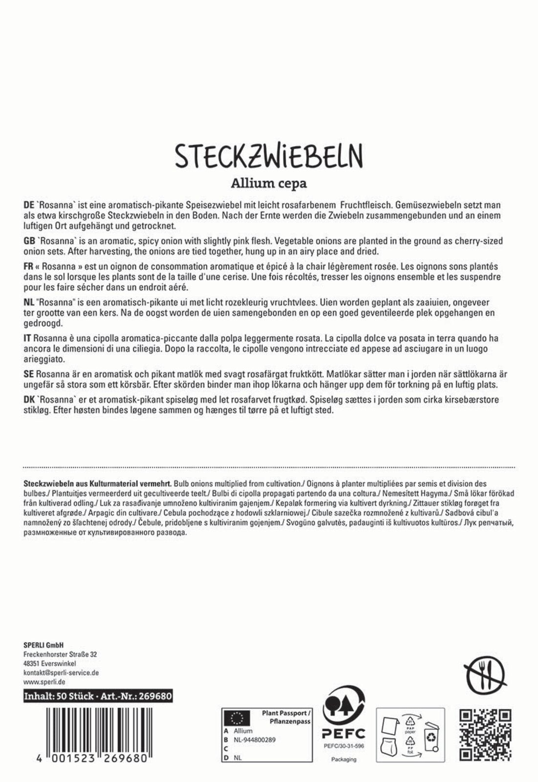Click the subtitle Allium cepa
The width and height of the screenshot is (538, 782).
tap(269, 184)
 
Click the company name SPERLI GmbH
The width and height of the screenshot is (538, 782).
tap(43, 645)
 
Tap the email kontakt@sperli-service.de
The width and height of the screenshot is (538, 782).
tap(61, 673)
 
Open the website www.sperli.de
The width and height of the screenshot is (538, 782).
tap(44, 682)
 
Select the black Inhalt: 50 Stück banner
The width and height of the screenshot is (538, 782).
tap(98, 696)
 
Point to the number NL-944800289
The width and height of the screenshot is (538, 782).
tap(255, 740)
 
